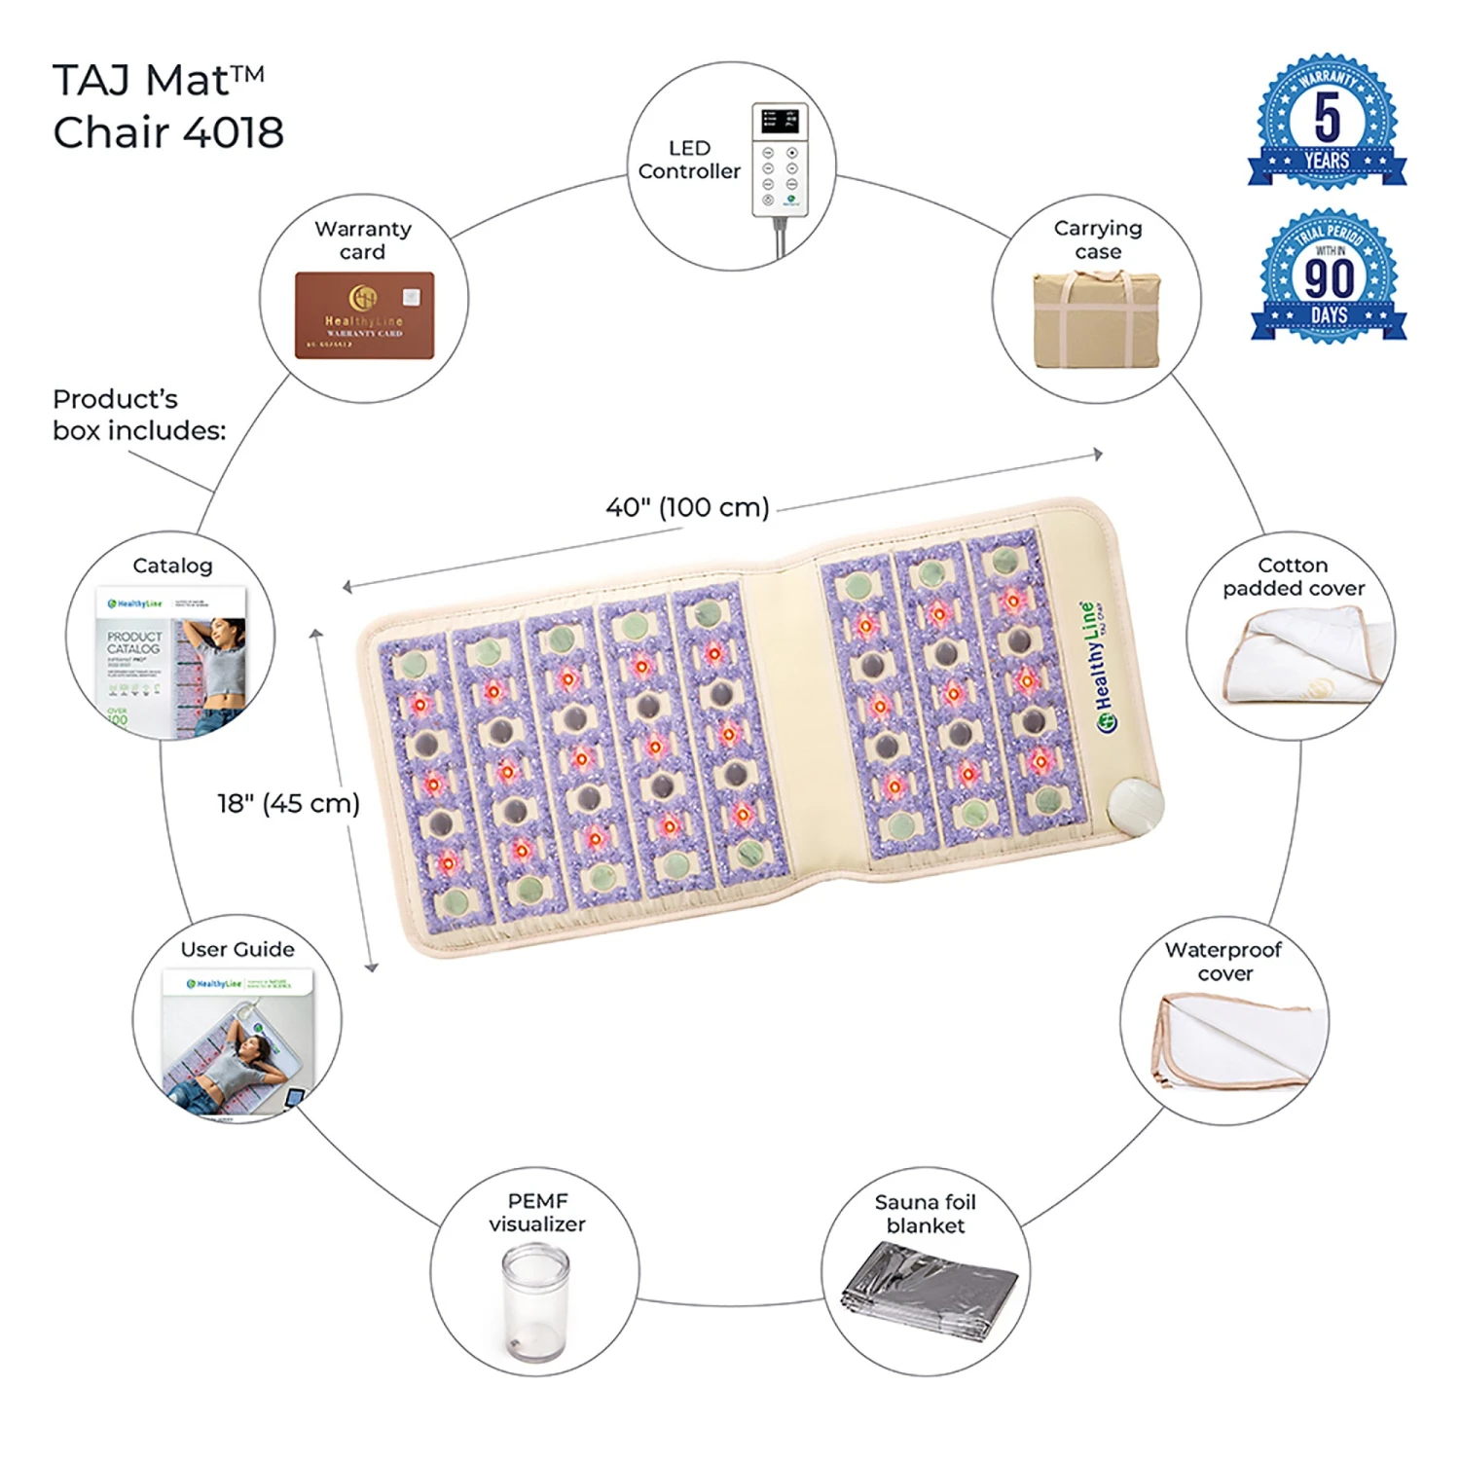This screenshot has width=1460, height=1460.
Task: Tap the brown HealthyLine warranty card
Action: pyautogui.click(x=364, y=315)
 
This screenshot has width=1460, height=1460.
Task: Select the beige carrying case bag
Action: pyautogui.click(x=1097, y=319)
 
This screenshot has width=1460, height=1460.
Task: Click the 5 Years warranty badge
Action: pyautogui.click(x=1327, y=123)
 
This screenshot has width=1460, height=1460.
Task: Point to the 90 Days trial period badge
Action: pyautogui.click(x=1329, y=276)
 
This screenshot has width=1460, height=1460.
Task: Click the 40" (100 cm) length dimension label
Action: pyautogui.click(x=687, y=507)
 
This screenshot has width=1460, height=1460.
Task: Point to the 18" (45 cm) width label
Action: pyautogui.click(x=288, y=803)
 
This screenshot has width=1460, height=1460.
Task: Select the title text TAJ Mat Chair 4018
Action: pyautogui.click(x=167, y=106)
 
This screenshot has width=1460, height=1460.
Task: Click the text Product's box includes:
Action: pyautogui.click(x=138, y=415)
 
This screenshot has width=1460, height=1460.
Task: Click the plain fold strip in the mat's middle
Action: pyautogui.click(x=790, y=720)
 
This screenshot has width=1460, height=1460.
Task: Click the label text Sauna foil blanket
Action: pyautogui.click(x=925, y=1214)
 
